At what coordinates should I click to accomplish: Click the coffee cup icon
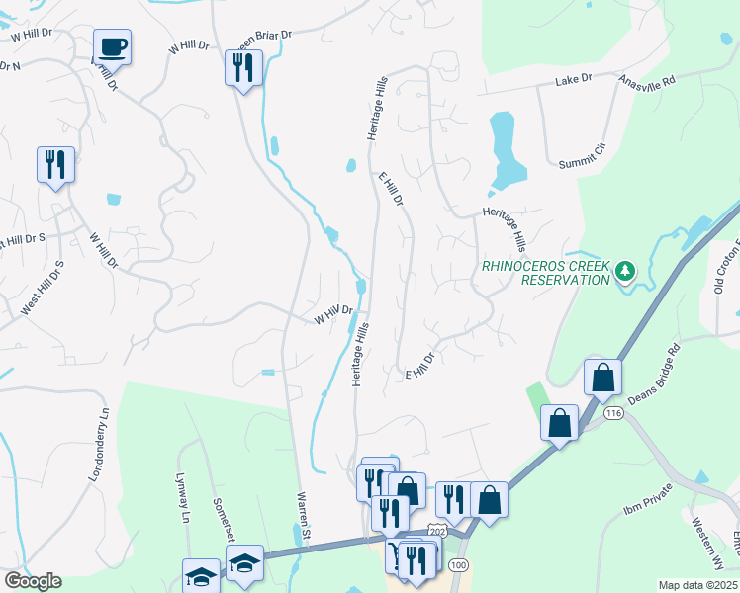click(x=113, y=45)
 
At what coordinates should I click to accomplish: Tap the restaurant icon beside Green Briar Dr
click(x=243, y=67)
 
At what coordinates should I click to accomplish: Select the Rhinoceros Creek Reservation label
click(x=546, y=272)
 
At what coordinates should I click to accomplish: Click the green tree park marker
click(x=623, y=270)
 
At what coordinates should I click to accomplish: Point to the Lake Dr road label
click(x=573, y=78)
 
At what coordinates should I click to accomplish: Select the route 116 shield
click(x=614, y=412)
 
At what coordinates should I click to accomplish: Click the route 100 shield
click(x=457, y=563)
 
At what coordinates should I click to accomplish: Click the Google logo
click(x=33, y=581)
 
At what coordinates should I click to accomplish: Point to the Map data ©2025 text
click(x=697, y=585)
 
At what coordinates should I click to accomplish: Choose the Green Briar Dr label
click(x=267, y=38)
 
